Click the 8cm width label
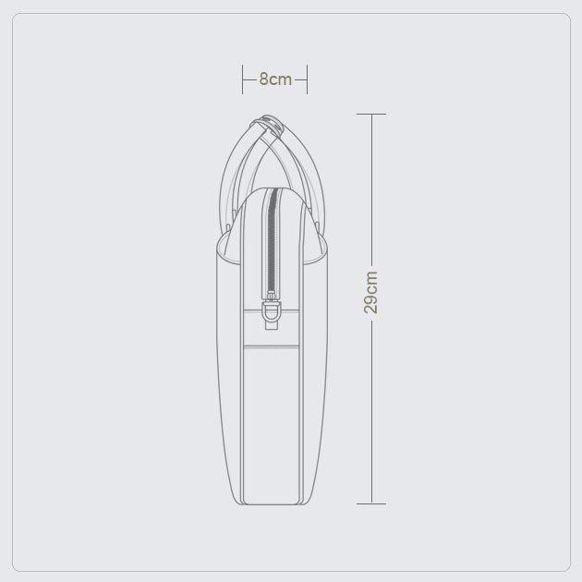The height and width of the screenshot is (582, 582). (x=275, y=79)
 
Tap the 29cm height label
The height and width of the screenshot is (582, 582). (x=371, y=293)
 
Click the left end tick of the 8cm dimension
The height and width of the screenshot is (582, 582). (x=242, y=79)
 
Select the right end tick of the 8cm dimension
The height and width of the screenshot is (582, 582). (x=307, y=79)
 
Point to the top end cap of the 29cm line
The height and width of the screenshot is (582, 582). (x=371, y=114)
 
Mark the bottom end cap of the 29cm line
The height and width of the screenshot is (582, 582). (x=371, y=504)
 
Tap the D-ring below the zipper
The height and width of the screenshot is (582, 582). (x=272, y=311)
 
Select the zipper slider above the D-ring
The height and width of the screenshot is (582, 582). (x=272, y=296)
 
